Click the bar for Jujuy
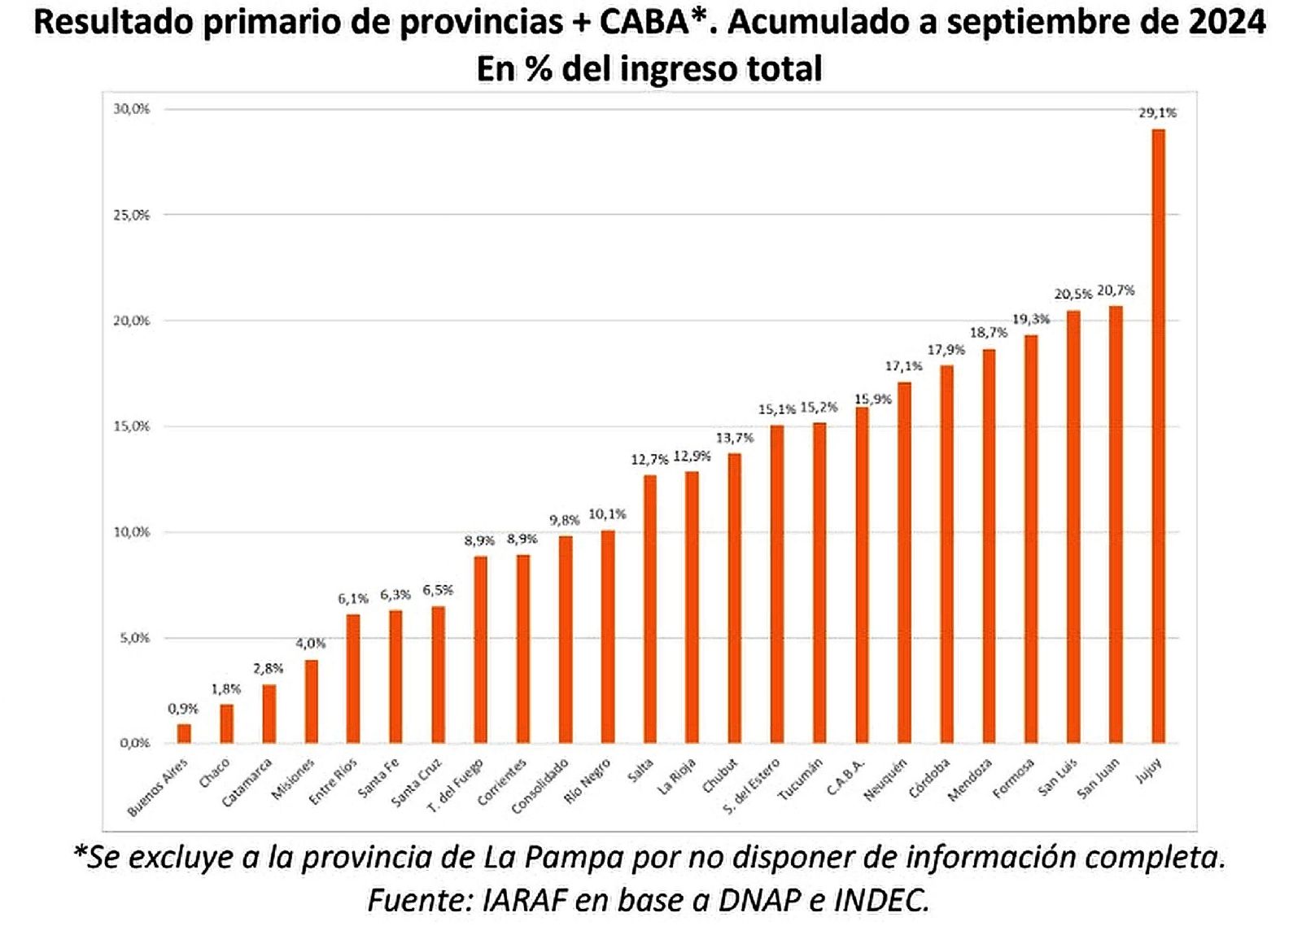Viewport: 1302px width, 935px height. [x=1158, y=436]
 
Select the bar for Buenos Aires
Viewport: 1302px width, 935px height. [x=184, y=733]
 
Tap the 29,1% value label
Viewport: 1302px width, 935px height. [x=1157, y=113]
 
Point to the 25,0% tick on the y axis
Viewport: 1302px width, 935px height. [x=131, y=215]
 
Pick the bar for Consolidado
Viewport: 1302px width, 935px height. [x=565, y=640]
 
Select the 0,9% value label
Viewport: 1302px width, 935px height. [x=183, y=709]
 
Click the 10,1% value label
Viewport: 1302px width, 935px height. [x=607, y=514]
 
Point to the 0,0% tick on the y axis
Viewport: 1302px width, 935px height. [x=134, y=743]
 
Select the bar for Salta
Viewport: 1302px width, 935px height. [x=649, y=609]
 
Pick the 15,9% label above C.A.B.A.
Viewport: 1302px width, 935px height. [x=873, y=400]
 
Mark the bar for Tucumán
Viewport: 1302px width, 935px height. [x=819, y=583]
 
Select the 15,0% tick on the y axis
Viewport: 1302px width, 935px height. [x=131, y=426]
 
